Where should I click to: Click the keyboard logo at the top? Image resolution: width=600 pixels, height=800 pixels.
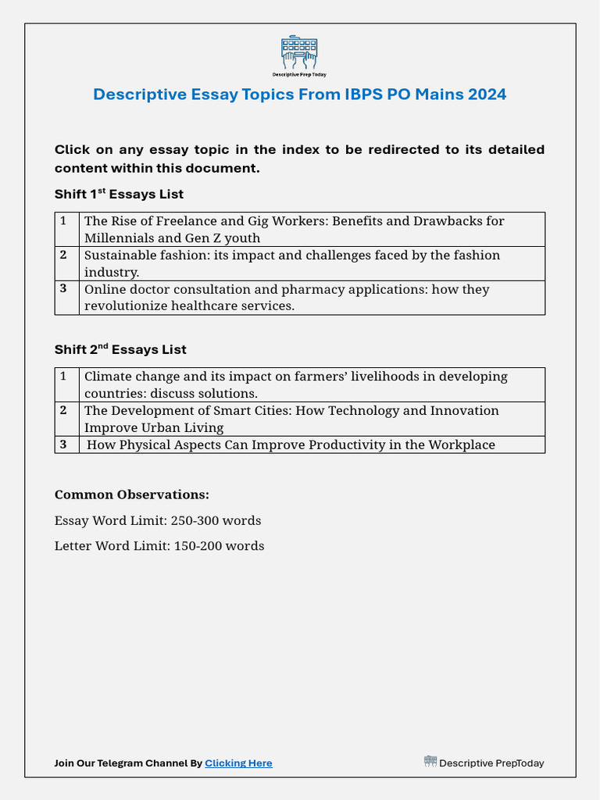pyautogui.click(x=299, y=52)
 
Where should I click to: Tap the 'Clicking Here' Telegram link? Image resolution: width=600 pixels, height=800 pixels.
pyautogui.click(x=238, y=763)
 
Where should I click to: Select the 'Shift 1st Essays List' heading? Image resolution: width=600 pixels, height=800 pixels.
pyautogui.click(x=119, y=194)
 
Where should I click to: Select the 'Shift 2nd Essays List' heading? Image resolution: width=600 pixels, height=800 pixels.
pyautogui.click(x=120, y=349)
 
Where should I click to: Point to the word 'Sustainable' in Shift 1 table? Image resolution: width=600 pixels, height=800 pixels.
pyautogui.click(x=119, y=255)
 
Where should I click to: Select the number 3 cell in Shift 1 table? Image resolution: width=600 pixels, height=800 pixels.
pyautogui.click(x=63, y=288)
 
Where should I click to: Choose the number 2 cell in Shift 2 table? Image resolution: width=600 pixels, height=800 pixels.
pyautogui.click(x=63, y=409)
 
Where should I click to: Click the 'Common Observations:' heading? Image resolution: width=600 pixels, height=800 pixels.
pyautogui.click(x=132, y=495)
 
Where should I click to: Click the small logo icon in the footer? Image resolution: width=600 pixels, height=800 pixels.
pyautogui.click(x=430, y=762)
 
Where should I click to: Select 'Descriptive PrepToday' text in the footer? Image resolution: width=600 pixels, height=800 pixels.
pyautogui.click(x=491, y=763)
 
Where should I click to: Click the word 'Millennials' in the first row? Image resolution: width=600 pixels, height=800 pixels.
pyautogui.click(x=121, y=238)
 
